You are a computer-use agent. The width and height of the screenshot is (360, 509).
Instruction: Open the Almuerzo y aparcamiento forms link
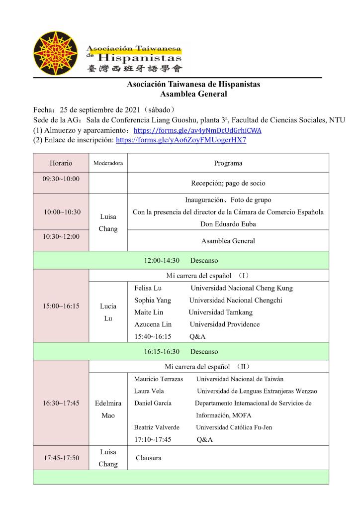tap(198, 131)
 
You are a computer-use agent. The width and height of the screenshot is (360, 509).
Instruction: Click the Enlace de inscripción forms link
tap(181, 140)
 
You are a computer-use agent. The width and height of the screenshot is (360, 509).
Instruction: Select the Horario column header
tap(61, 163)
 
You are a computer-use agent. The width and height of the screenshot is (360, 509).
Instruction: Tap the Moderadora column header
tap(108, 163)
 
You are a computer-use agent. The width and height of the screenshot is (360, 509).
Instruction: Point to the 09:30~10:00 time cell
tap(61, 178)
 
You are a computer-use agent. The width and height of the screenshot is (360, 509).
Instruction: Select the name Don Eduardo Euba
tap(228, 224)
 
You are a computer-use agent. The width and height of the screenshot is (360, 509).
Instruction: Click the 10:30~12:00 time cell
tap(61, 236)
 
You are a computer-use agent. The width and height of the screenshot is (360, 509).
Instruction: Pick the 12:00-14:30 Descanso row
tap(181, 260)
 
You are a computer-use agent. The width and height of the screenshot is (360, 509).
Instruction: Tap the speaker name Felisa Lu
tap(148, 288)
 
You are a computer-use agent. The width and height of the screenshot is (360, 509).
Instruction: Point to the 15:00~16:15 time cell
tap(61, 306)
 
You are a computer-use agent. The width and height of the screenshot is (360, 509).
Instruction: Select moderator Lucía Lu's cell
tap(108, 312)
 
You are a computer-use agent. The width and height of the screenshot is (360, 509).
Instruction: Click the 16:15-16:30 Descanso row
tap(181, 351)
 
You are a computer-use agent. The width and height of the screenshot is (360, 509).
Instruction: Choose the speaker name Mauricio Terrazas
tap(159, 379)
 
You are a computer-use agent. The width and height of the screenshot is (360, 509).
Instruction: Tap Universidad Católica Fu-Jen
tap(234, 427)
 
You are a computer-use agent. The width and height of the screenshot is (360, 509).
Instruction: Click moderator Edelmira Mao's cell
tap(108, 409)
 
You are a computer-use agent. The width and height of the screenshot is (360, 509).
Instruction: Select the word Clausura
tap(149, 458)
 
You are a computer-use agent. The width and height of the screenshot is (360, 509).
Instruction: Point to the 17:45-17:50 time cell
tap(61, 458)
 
